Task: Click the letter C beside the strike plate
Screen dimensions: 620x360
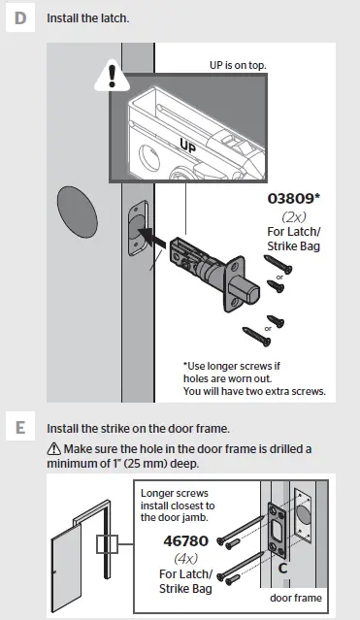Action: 283,566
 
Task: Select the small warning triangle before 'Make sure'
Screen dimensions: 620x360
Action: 51,448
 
